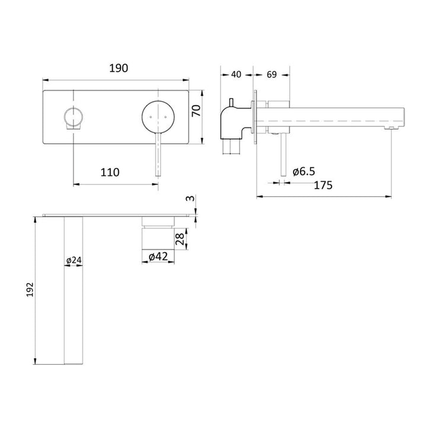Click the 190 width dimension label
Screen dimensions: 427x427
click(x=119, y=69)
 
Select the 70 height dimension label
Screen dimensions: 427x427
click(x=197, y=111)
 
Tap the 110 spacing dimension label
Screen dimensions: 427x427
click(x=110, y=173)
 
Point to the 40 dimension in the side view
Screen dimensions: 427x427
click(x=236, y=75)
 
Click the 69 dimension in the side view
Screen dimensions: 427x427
click(x=272, y=75)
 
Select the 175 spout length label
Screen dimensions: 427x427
click(x=323, y=185)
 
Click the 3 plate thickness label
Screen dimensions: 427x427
click(x=188, y=199)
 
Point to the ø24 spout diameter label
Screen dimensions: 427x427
click(x=73, y=260)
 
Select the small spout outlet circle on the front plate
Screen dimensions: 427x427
click(x=73, y=116)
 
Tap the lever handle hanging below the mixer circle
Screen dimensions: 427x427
click(x=158, y=154)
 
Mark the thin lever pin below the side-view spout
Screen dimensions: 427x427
click(x=281, y=155)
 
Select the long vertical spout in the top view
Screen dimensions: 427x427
click(x=73, y=291)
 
